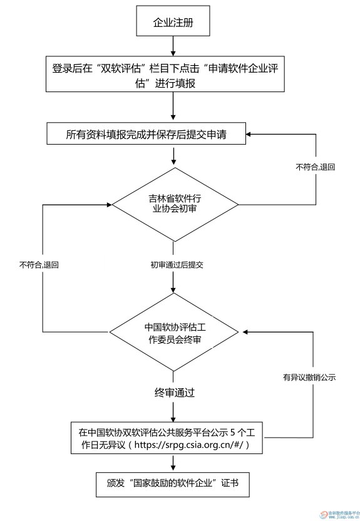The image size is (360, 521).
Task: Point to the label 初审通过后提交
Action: coord(177,265)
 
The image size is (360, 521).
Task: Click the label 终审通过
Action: coord(174,393)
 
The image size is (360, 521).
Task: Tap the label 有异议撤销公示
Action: coord(309,378)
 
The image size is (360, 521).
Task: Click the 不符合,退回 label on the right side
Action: coord(315,167)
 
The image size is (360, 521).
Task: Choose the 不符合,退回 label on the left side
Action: coord(39,265)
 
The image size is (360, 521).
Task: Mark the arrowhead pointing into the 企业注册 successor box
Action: coord(173,53)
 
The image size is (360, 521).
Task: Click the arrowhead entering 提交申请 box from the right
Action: coord(249,134)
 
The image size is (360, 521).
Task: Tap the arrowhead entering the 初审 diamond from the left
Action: coord(110,205)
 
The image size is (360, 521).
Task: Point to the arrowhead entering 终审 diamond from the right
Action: coord(245,332)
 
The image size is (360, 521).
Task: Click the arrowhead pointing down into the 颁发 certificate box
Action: coord(173,469)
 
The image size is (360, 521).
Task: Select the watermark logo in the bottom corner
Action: coord(339,514)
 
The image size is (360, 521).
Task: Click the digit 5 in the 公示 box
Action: coord(233,432)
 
